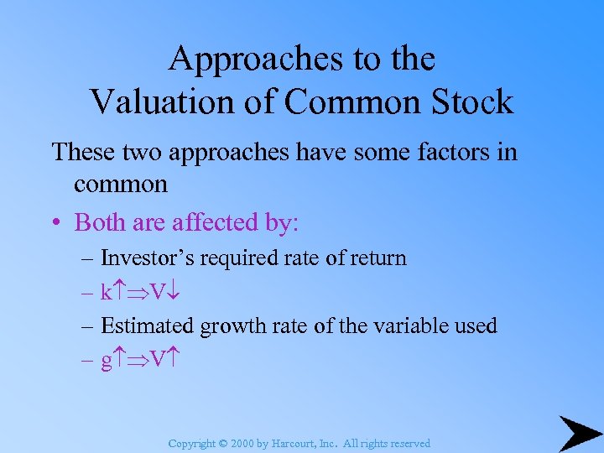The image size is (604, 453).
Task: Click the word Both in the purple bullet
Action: pyautogui.click(x=97, y=222)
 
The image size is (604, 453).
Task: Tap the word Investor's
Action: pyautogui.click(x=143, y=258)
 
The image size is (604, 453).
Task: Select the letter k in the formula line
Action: pyautogui.click(x=106, y=293)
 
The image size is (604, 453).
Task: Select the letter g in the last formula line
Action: pyautogui.click(x=106, y=361)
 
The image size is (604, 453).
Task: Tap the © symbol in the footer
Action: pyautogui.click(x=224, y=443)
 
